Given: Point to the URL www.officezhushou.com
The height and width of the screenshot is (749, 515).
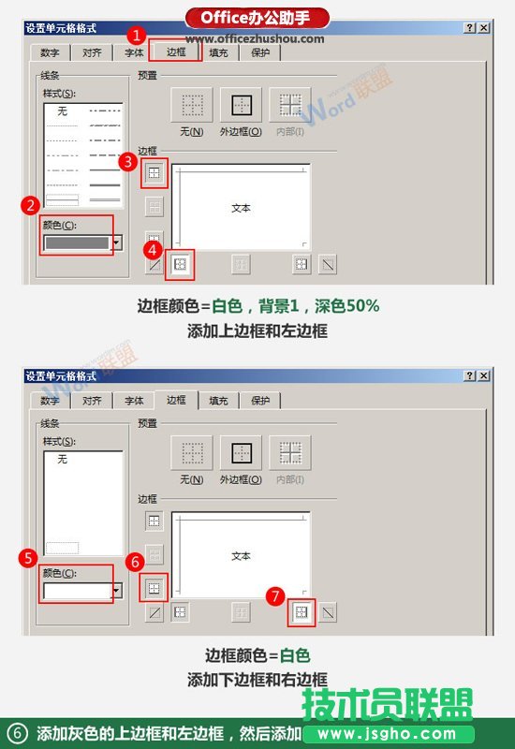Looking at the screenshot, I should pyautogui.click(x=255, y=38).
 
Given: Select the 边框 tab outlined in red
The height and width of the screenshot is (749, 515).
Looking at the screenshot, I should pyautogui.click(x=175, y=53).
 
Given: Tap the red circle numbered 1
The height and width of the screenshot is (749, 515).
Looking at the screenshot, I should pyautogui.click(x=137, y=36).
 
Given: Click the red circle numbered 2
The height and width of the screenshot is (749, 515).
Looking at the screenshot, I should pyautogui.click(x=31, y=204).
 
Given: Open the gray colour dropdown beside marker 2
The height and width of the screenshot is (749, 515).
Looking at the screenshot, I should pyautogui.click(x=117, y=242).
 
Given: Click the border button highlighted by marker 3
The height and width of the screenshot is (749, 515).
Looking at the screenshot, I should pyautogui.click(x=154, y=172).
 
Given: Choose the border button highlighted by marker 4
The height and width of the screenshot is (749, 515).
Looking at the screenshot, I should pyautogui.click(x=181, y=265).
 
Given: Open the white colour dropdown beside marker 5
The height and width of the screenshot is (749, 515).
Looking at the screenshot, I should pyautogui.click(x=117, y=590).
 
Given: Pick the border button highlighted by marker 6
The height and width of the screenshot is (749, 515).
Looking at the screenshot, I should pyautogui.click(x=154, y=587).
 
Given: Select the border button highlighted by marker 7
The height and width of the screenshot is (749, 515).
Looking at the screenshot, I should pyautogui.click(x=302, y=612).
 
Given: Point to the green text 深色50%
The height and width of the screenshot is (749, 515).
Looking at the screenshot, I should pyautogui.click(x=352, y=306).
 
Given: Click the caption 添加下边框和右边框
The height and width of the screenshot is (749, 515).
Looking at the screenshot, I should pyautogui.click(x=257, y=680).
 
